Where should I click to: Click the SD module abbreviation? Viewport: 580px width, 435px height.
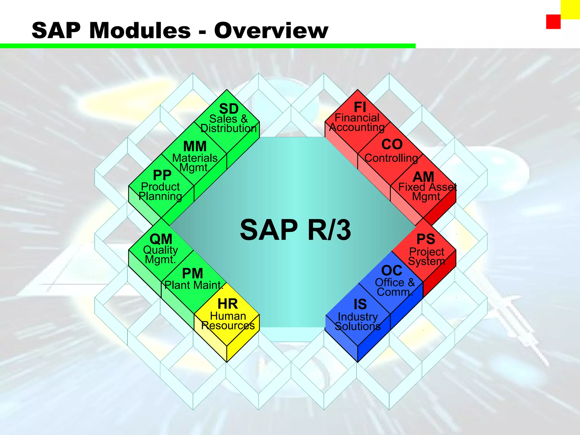pos(229,109)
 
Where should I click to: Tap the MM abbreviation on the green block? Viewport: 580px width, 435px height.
pos(195,146)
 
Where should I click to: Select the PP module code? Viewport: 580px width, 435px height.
pos(162,175)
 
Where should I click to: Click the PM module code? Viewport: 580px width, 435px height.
pos(193,274)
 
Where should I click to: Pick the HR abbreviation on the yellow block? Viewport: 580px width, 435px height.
pos(228,304)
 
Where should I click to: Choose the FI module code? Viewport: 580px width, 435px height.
pos(360,107)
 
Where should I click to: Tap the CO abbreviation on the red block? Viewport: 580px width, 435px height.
pos(392,144)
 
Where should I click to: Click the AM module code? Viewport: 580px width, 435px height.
pos(423,177)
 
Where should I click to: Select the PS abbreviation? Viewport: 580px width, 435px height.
pos(426,239)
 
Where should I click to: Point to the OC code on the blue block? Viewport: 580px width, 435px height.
pos(392,270)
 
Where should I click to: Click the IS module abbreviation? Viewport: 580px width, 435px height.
pos(360,304)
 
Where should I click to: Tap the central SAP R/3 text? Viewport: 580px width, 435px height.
pos(295,230)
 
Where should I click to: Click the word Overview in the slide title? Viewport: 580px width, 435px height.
pos(271,30)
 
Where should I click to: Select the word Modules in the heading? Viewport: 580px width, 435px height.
pos(140,30)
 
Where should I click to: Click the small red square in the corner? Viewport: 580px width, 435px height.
pos(553,22)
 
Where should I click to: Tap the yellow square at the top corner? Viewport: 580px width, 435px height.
pos(570,9)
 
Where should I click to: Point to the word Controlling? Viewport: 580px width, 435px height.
pos(391,158)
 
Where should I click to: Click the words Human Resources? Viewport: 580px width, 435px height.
pos(228,321)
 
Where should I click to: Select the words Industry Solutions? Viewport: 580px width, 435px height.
pos(358,321)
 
